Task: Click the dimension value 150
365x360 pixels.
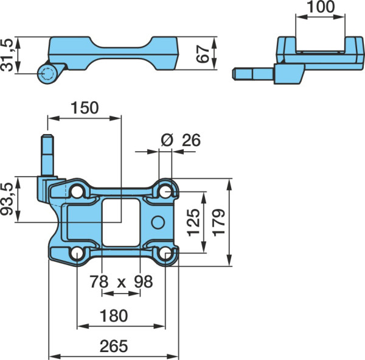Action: [x=85, y=108]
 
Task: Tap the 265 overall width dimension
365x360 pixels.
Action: [x=114, y=346]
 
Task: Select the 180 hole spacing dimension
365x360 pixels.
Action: [x=114, y=316]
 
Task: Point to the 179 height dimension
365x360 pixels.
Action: [x=219, y=222]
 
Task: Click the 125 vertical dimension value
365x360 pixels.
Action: [x=193, y=222]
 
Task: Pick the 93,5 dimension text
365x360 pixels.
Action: [x=7, y=199]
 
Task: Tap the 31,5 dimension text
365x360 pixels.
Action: [x=7, y=55]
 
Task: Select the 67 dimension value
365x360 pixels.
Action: [x=203, y=54]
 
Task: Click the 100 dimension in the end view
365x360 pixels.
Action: [x=321, y=7]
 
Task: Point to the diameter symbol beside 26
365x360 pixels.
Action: [x=167, y=140]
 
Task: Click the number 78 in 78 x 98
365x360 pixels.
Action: [x=99, y=281]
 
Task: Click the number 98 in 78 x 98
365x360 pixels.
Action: [x=144, y=281]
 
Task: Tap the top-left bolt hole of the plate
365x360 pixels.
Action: [x=77, y=192]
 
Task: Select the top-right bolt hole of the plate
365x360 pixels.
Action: [x=165, y=192]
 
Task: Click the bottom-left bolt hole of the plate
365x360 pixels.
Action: [x=77, y=253]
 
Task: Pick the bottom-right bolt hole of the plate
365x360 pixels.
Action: [x=165, y=253]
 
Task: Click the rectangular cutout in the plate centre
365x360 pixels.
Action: [x=121, y=222]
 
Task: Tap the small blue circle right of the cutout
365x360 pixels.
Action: [x=158, y=222]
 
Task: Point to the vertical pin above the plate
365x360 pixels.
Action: [x=47, y=155]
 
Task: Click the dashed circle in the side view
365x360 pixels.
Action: [x=47, y=74]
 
